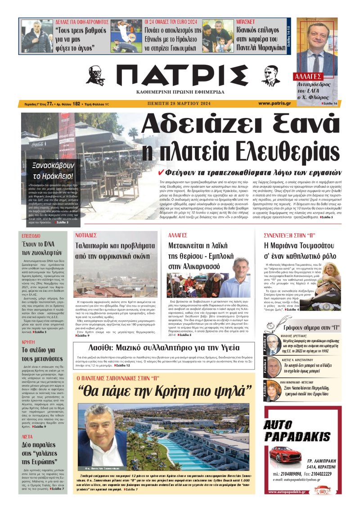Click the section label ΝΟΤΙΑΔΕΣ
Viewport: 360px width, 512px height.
pos(86,235)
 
